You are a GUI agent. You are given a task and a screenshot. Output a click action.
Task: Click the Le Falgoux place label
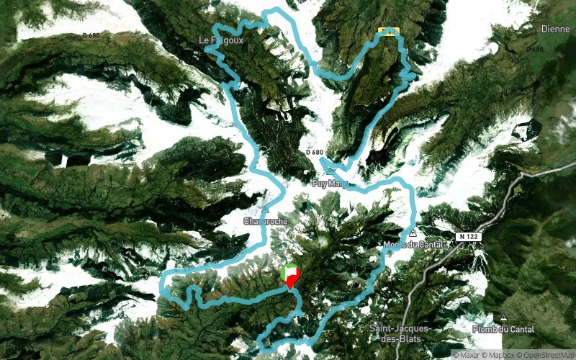click(x=224, y=41)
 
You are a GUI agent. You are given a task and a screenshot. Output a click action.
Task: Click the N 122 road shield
click(x=468, y=236)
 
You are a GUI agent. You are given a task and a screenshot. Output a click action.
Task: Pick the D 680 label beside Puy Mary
click(x=315, y=153)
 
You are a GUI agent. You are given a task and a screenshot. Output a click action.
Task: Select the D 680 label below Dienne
click(x=535, y=50)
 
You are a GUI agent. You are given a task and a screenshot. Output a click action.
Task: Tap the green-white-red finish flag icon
click(x=290, y=272)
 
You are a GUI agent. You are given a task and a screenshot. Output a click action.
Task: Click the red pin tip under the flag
click(x=289, y=289)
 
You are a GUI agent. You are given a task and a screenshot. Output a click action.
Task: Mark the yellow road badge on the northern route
click(x=387, y=31)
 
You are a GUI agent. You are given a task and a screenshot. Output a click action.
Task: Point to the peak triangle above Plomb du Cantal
click(x=503, y=318)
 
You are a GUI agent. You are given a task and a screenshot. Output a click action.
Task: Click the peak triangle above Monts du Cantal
click(x=412, y=233)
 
